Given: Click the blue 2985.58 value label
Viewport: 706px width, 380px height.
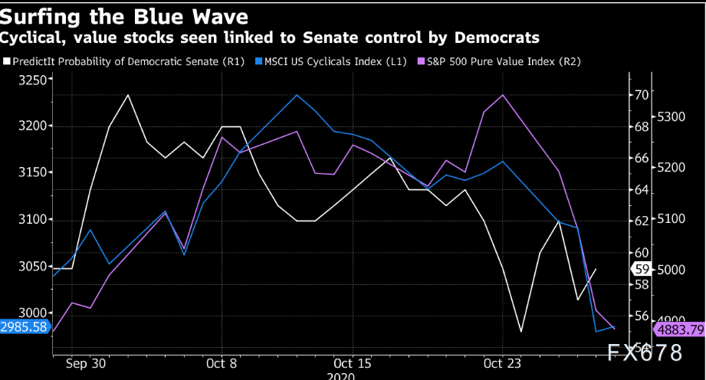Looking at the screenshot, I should [x=25, y=326].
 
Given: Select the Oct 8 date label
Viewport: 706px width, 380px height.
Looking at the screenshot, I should [x=222, y=363].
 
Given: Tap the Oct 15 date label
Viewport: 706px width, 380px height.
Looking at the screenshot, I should [x=353, y=363].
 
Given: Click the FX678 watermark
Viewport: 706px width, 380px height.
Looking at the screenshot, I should [x=643, y=353].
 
